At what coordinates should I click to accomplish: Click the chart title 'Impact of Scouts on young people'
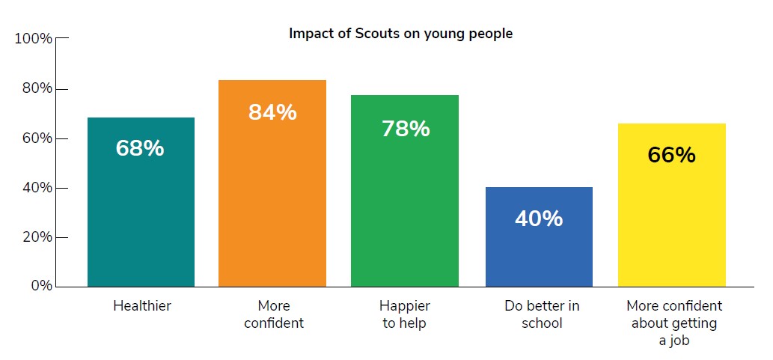click(400, 34)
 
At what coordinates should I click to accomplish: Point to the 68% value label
click(140, 148)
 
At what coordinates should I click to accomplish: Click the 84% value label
click(272, 112)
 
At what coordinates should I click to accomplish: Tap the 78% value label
click(406, 129)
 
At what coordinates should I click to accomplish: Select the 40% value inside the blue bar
click(539, 219)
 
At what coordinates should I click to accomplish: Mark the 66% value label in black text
click(671, 155)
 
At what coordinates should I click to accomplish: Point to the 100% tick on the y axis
click(34, 39)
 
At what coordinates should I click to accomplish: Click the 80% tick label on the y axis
click(36, 88)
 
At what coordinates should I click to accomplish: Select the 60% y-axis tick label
click(36, 138)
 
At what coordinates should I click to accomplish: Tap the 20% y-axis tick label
click(36, 237)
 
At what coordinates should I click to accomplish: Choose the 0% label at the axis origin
click(40, 286)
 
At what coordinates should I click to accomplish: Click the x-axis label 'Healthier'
click(141, 306)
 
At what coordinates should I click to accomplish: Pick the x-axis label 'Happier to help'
click(405, 314)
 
